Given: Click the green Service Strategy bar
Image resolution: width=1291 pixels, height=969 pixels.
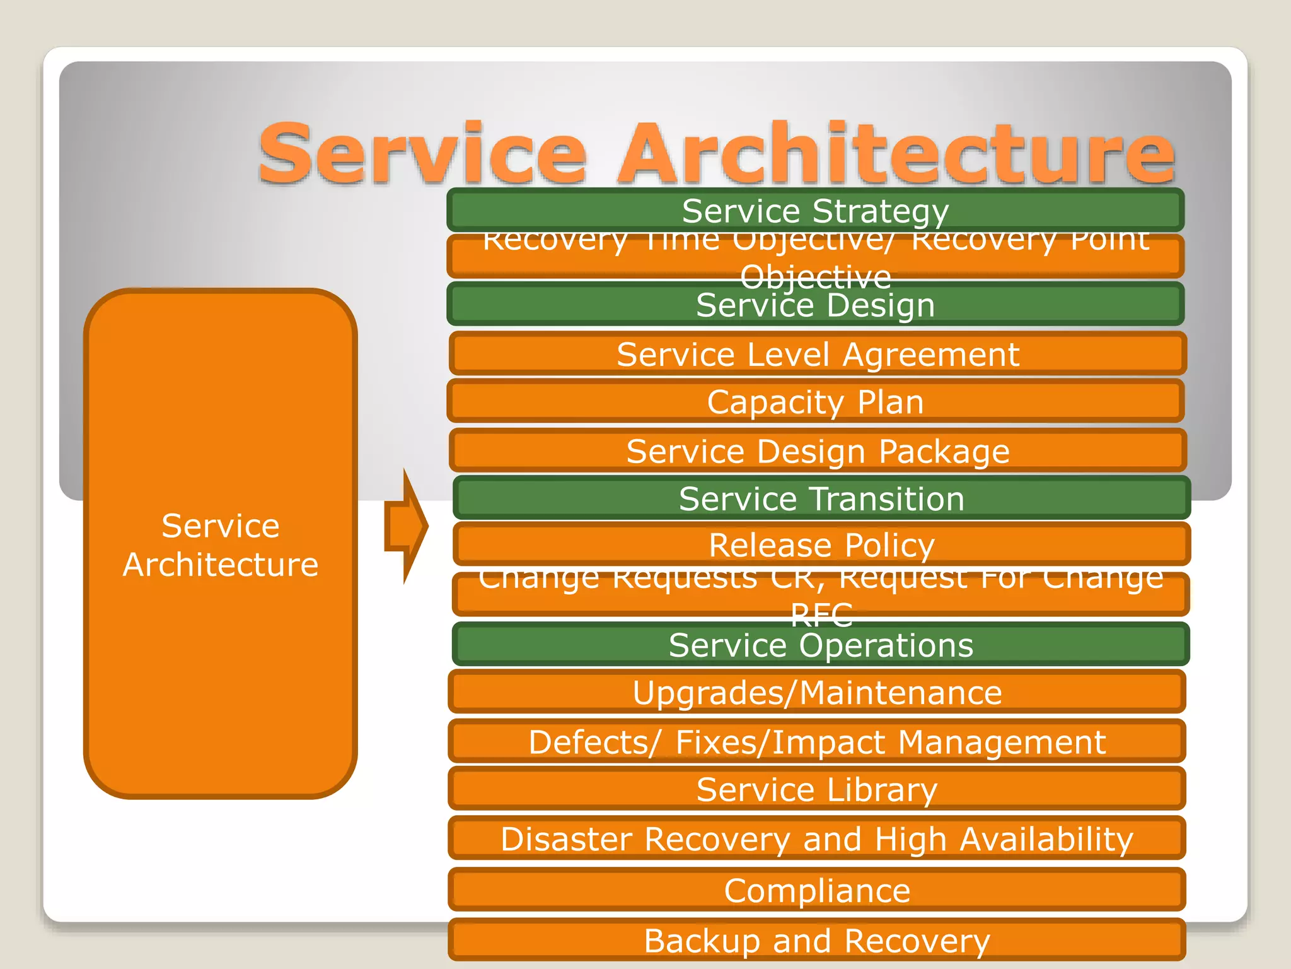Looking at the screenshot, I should point(815,211).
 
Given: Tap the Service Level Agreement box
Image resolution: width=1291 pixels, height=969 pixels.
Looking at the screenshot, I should point(818,354).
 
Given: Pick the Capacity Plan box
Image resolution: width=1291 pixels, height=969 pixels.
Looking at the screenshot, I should point(815,402).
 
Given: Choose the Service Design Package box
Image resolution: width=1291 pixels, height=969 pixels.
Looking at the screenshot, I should point(818,451).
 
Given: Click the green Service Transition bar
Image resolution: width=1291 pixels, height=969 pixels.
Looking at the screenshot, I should point(821,499).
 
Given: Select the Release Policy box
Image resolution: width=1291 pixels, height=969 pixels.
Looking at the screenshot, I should point(821,545).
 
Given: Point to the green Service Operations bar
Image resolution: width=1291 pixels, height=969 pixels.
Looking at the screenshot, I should point(821,645).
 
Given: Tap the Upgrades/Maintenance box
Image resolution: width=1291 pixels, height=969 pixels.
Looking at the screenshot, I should point(817,693).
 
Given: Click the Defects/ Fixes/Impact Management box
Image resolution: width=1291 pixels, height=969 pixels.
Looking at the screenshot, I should point(817,742).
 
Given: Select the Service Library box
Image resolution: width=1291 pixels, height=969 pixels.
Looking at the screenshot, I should point(817,789).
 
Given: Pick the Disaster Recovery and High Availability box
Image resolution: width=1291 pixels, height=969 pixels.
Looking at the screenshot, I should point(817,839).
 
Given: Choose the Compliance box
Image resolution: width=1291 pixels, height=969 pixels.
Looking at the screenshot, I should point(817,890).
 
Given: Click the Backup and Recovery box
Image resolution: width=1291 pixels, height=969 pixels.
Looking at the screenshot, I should point(817,941).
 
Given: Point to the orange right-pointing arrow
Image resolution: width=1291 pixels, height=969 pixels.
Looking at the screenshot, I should point(407,526).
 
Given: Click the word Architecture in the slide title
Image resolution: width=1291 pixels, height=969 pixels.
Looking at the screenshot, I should point(895,155).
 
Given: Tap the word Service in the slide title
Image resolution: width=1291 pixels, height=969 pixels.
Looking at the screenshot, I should point(422,155).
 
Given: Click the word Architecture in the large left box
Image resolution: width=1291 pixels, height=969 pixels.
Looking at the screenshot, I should point(221,565).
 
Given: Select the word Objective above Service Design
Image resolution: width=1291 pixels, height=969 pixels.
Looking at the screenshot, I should point(815,277).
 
